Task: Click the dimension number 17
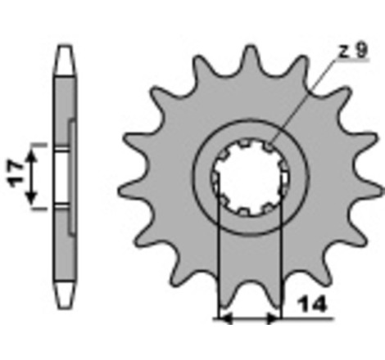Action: point(16,174)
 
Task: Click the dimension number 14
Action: point(313,304)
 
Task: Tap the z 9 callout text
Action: point(353,51)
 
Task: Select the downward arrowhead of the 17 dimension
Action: point(32,198)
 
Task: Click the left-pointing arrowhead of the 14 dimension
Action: point(225,318)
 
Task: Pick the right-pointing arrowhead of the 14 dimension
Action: point(274,318)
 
